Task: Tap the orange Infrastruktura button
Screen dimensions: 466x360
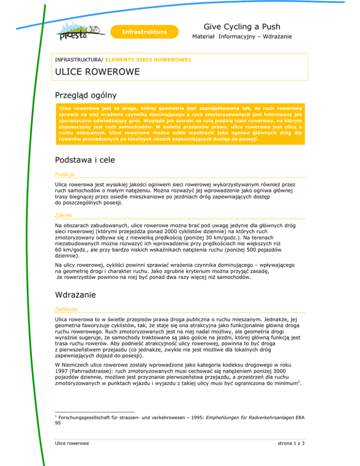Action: (144, 32)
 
